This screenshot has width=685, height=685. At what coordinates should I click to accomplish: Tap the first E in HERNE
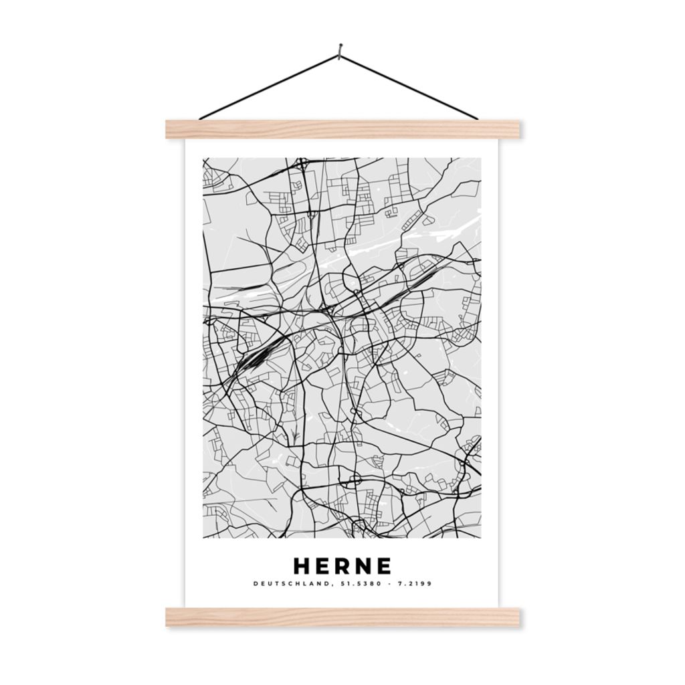[x=324, y=566]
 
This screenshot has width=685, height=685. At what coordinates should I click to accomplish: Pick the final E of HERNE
[x=383, y=566]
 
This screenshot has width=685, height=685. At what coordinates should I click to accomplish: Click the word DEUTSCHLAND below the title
[x=289, y=584]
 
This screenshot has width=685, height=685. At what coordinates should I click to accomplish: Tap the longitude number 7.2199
[x=417, y=584]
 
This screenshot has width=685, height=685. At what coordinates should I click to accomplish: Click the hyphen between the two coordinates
[x=389, y=584]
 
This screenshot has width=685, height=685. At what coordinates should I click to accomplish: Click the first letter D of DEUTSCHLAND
[x=256, y=584]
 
